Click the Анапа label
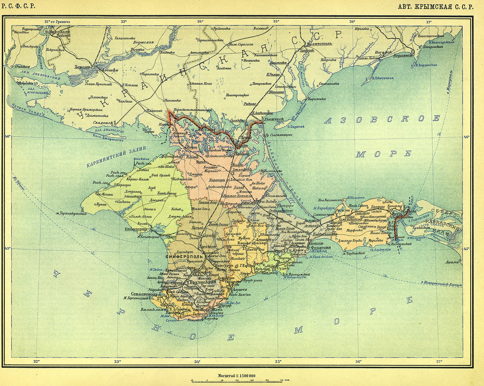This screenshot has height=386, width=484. point(455,263)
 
